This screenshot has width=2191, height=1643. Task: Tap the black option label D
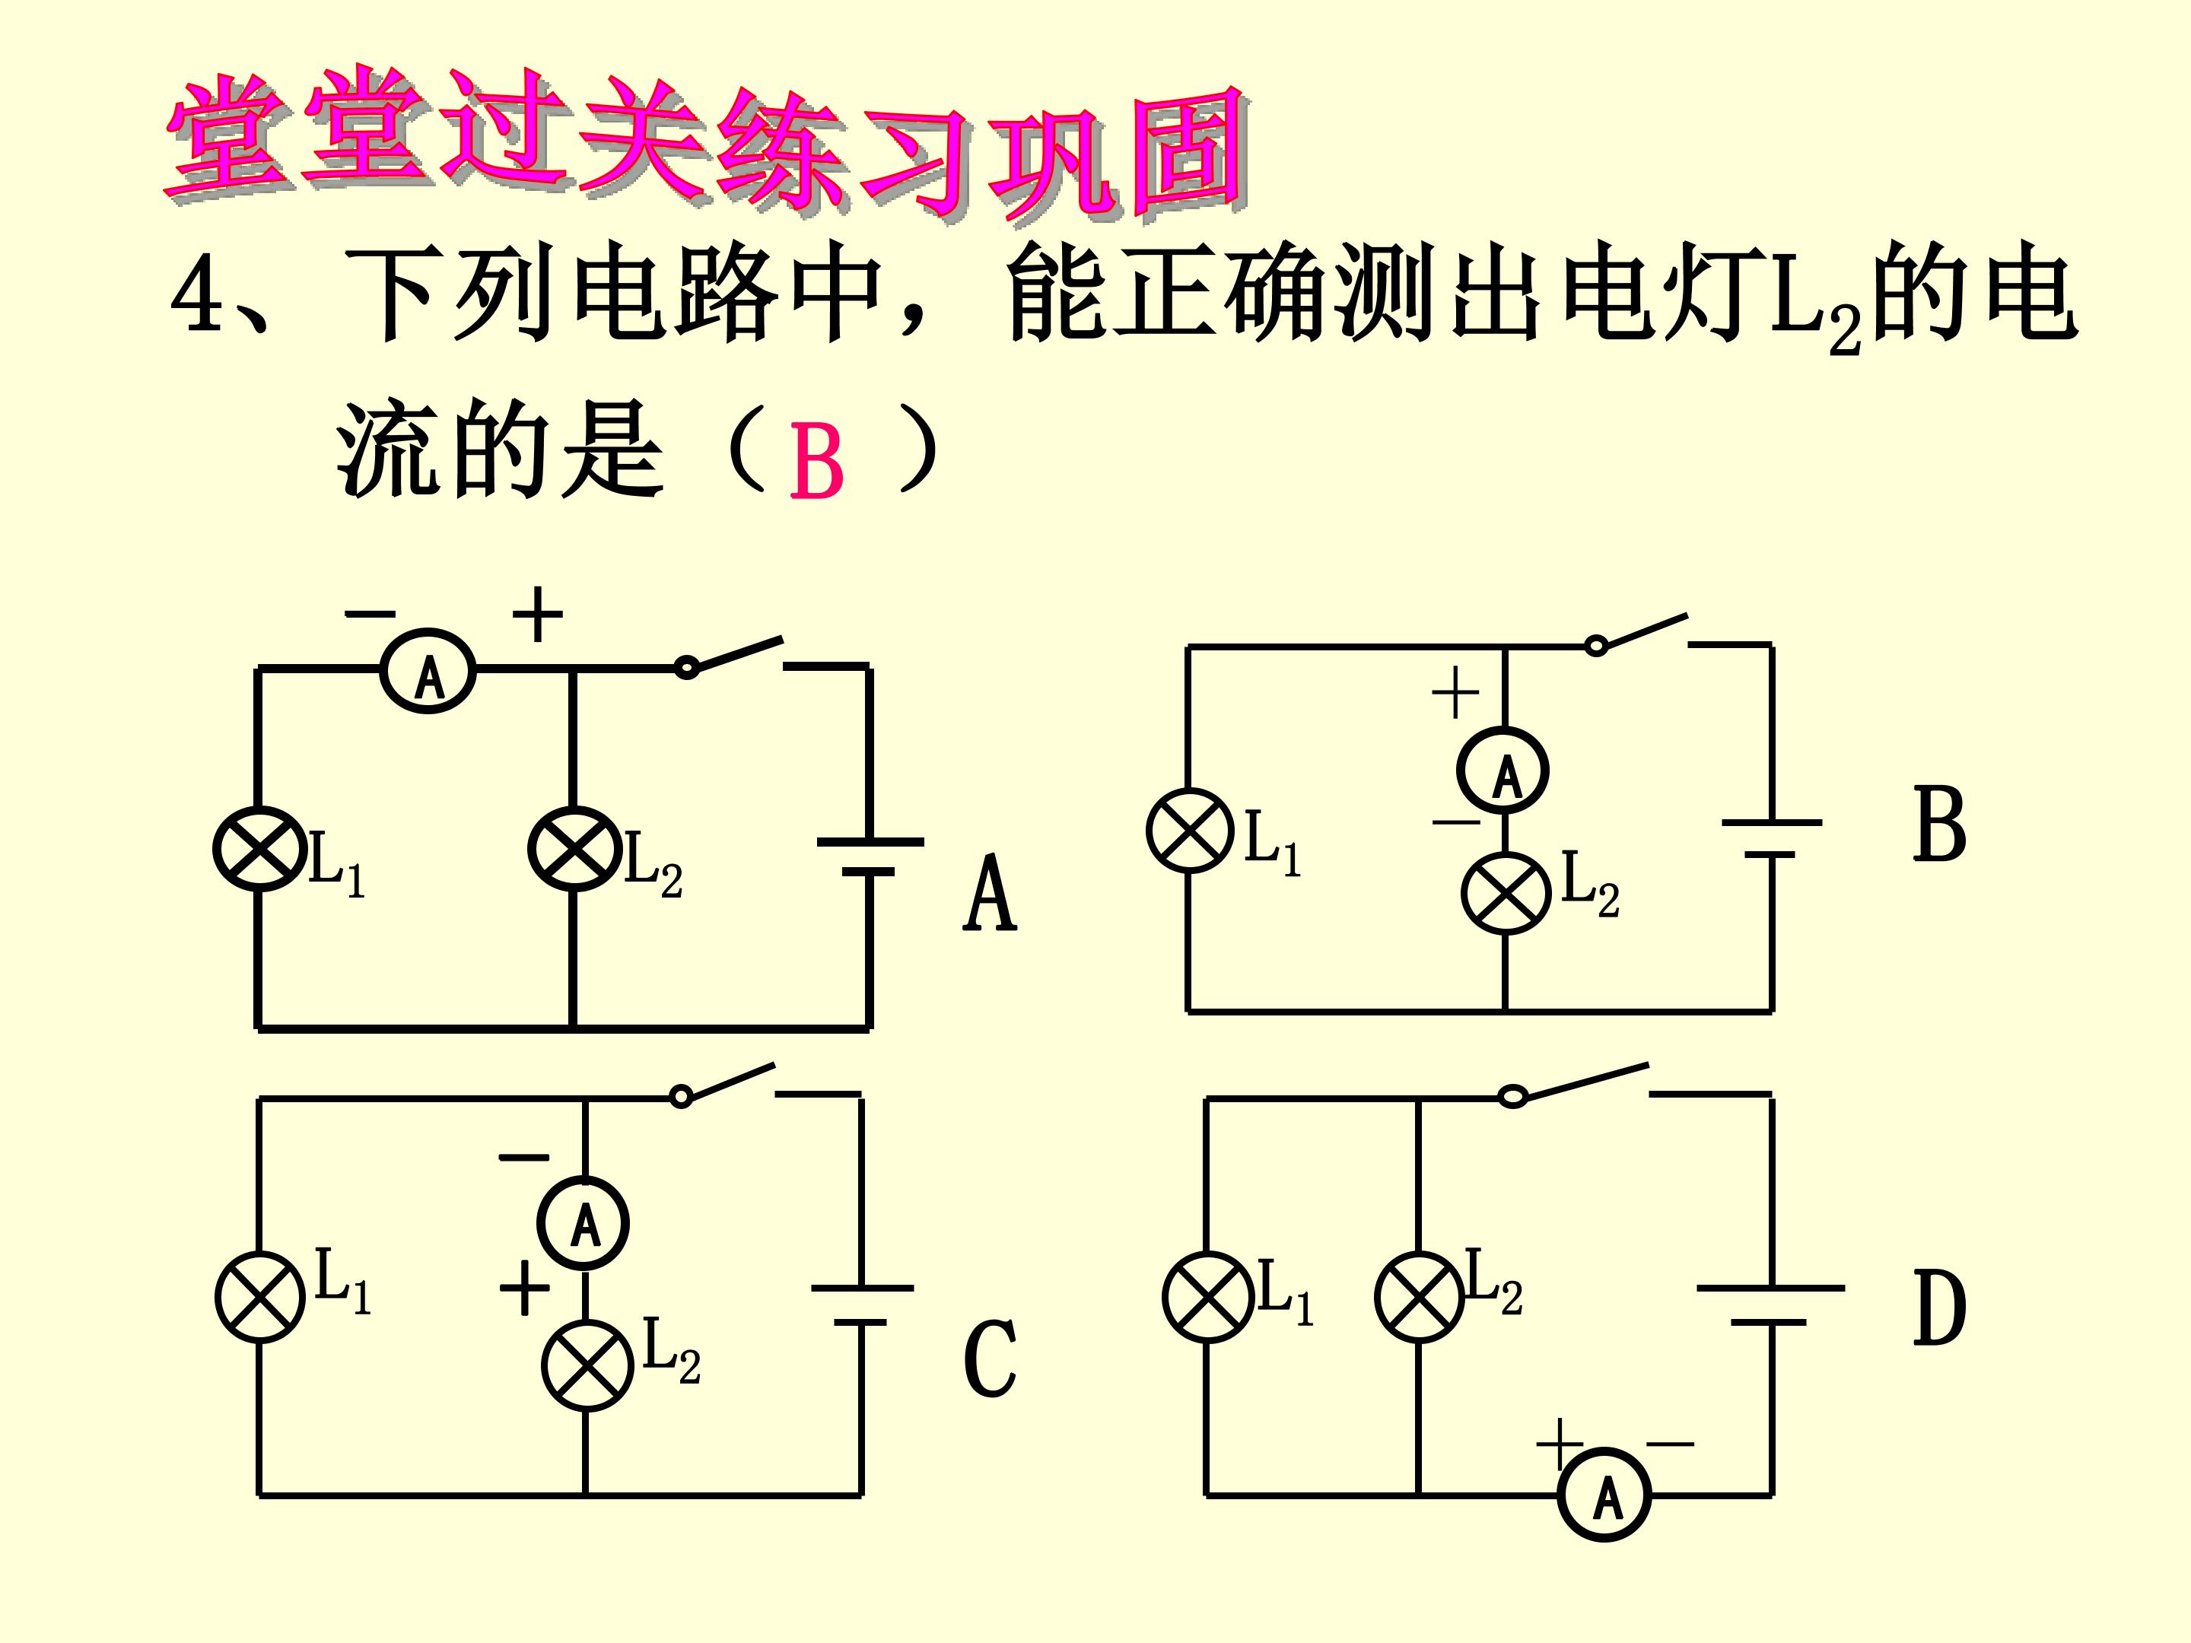click(1938, 1308)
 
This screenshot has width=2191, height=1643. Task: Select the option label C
click(990, 1358)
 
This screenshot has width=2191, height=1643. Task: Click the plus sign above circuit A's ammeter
click(537, 614)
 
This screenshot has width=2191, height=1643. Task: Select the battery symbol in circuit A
click(870, 858)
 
